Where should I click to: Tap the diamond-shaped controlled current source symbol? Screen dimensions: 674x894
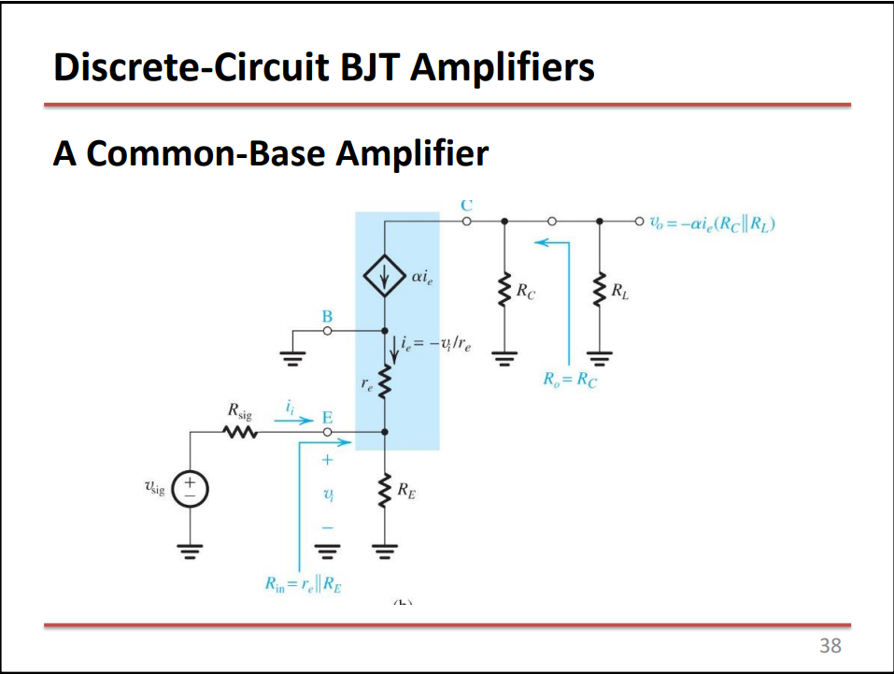(384, 278)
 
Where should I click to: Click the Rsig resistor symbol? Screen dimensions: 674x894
(238, 432)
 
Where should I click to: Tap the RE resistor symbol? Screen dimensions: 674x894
(384, 488)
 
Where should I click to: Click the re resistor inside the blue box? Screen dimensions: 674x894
(384, 380)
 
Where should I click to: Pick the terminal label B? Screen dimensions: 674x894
(327, 315)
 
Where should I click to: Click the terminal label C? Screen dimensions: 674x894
(466, 204)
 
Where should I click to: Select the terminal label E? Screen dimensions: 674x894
(327, 417)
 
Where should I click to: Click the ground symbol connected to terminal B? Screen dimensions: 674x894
(292, 356)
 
